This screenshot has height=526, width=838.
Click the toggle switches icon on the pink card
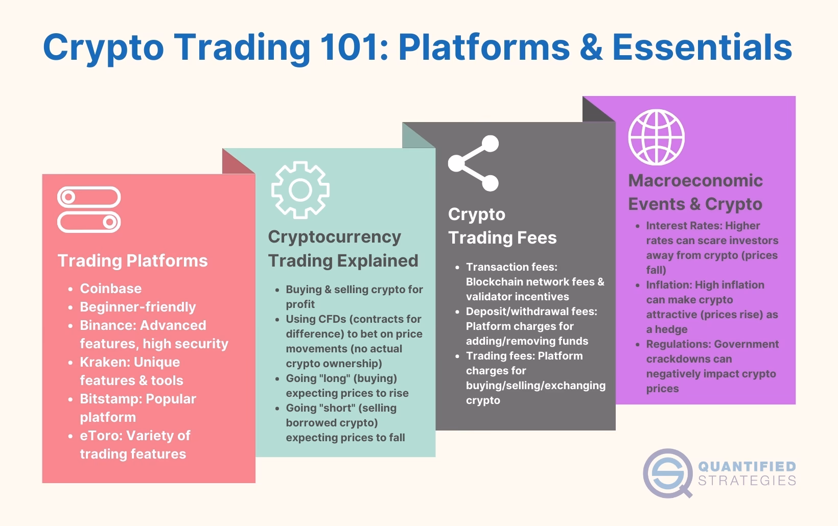point(89,210)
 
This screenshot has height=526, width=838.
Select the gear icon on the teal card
point(300,190)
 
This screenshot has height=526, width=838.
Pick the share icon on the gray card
point(474,163)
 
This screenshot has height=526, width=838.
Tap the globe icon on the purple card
point(656,137)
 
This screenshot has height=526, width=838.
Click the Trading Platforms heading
point(132,260)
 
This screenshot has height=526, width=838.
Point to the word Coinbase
point(110,289)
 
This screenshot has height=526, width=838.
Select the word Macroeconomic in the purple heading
point(695,180)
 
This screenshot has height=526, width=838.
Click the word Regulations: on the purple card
point(678,344)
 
